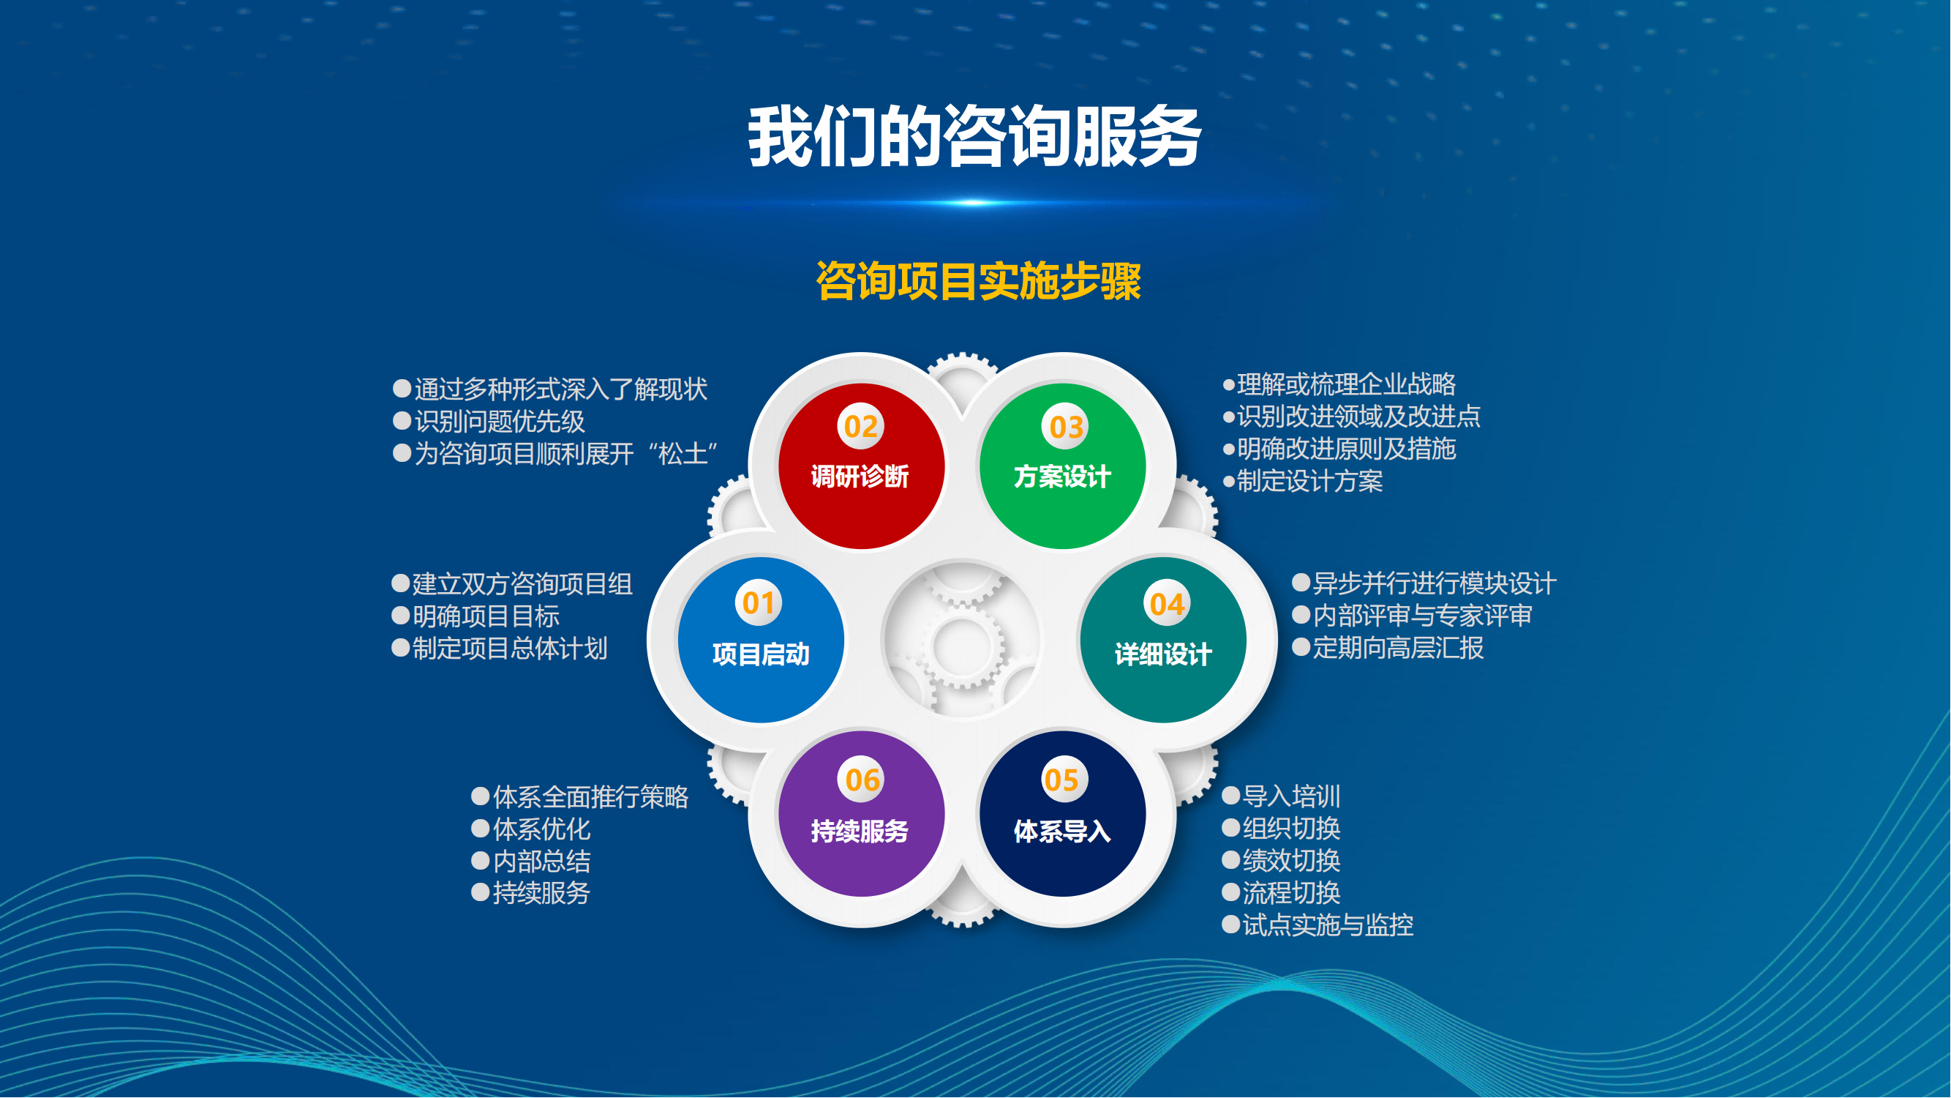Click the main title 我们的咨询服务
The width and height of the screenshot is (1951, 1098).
pos(974,136)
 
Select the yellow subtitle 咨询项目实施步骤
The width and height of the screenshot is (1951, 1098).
pos(979,281)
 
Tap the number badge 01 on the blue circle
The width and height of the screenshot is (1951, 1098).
pos(758,603)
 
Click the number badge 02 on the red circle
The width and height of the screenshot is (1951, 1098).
pos(860,427)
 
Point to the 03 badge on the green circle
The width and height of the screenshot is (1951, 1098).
pos(1066,427)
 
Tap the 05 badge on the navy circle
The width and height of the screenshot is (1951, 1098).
pos(1062,780)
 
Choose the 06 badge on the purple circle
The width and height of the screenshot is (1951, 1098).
pos(862,780)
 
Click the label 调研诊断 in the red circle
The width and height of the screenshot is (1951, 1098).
pos(860,477)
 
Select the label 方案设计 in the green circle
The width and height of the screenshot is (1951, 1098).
pos(1063,477)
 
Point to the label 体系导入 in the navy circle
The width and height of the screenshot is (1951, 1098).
pos(1063,832)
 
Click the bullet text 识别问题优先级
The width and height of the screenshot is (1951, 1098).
pos(500,422)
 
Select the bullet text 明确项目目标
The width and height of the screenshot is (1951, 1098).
pos(486,616)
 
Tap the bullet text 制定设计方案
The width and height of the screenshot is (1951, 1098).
pos(1310,481)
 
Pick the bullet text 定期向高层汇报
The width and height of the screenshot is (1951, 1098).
pos(1398,648)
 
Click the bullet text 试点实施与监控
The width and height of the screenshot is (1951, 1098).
pos(1328,925)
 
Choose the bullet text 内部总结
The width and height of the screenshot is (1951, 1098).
pos(542,862)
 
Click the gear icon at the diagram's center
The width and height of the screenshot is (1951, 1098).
pos(963,643)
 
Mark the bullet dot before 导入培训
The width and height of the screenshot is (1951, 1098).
pos(1231,796)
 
